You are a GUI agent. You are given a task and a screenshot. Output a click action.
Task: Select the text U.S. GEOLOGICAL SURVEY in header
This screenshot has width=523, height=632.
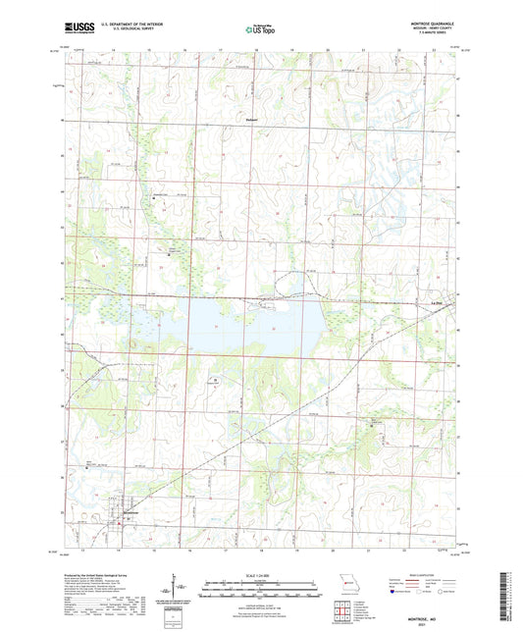click(122, 30)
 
